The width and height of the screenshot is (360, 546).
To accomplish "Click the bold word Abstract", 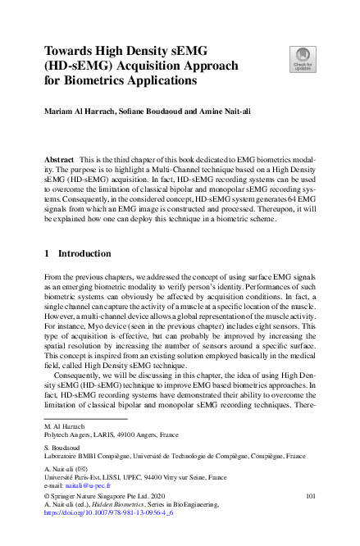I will click(60, 157).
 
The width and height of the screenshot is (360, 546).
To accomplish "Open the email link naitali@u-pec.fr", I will click(92, 485).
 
